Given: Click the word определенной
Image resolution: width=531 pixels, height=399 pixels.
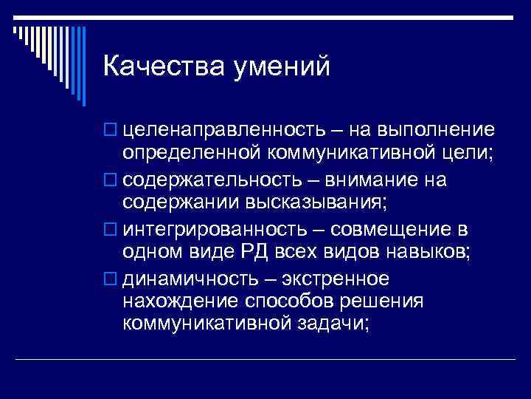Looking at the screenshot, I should pyautogui.click(x=192, y=155).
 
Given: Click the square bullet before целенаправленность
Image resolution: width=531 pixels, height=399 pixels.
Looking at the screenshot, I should pyautogui.click(x=111, y=131).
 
